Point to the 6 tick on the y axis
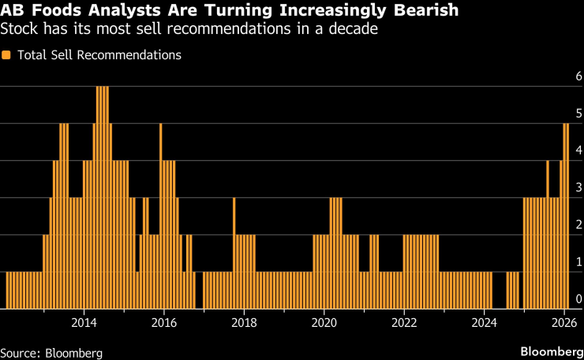(578, 77)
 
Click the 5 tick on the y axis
(578, 114)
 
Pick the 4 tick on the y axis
(578, 151)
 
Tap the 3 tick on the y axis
(578, 188)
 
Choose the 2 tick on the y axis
(578, 225)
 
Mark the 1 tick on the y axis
(578, 262)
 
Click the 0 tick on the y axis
(578, 299)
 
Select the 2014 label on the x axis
(84, 323)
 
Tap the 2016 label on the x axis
(163, 323)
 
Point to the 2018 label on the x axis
(244, 323)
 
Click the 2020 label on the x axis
(324, 323)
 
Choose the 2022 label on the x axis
(404, 323)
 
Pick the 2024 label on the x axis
(484, 323)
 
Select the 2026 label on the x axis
(563, 323)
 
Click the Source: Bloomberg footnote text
(51, 351)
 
